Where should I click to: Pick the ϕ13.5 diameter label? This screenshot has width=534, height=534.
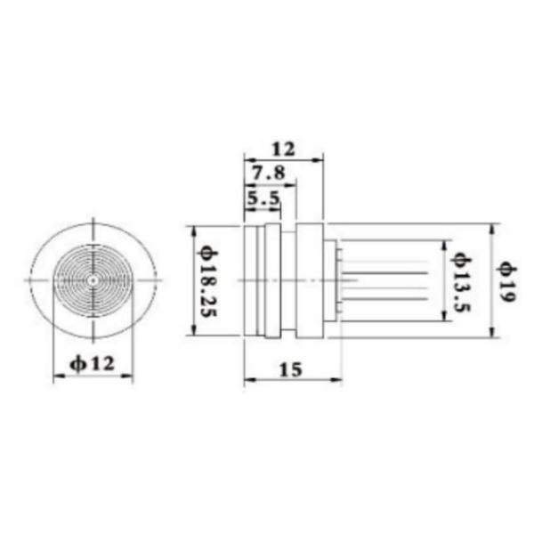click(x=460, y=281)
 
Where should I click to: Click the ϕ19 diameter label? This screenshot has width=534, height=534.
click(x=506, y=281)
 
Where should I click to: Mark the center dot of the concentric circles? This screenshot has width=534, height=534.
click(x=93, y=280)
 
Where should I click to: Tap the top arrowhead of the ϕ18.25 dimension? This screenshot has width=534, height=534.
click(x=193, y=230)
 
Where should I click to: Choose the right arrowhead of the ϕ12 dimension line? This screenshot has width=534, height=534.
click(x=129, y=377)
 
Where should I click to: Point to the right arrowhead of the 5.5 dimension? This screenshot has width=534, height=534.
click(x=278, y=212)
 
